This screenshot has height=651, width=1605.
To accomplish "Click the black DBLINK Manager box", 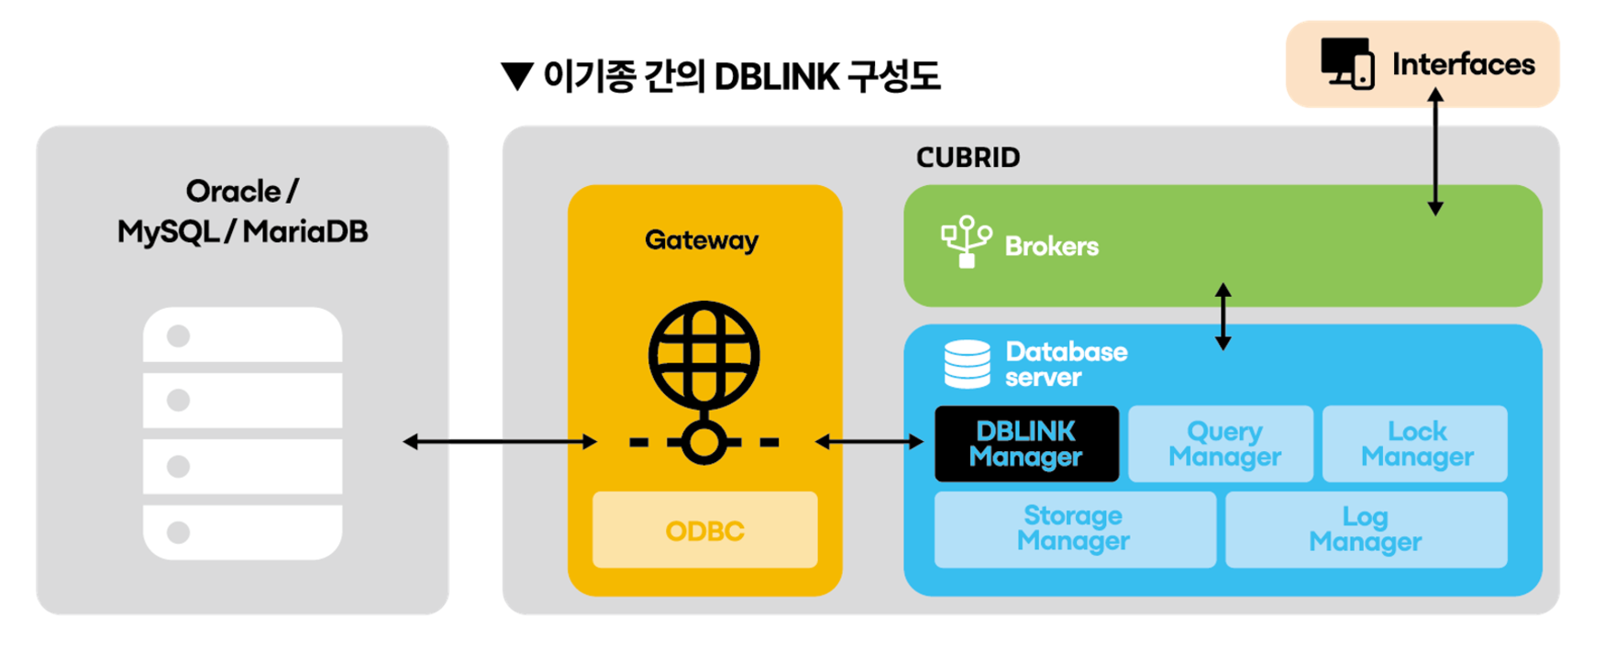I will click(1026, 444).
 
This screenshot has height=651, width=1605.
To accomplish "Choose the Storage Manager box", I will click(1074, 529).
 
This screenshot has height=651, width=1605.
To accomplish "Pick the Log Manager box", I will click(1365, 529).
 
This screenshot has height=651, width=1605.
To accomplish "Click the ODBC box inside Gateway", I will click(704, 530).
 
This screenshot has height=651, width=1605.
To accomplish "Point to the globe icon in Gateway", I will click(704, 358).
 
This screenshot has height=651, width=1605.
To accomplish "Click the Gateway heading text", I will click(702, 240).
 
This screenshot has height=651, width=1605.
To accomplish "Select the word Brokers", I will click(1051, 246).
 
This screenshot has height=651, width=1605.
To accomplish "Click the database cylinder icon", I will click(968, 364).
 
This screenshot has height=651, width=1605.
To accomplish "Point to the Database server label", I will click(1066, 364).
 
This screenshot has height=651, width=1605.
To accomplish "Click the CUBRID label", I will click(968, 158).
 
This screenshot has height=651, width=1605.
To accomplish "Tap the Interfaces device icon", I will click(1346, 63).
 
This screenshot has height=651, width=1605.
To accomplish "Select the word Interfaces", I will click(1463, 64).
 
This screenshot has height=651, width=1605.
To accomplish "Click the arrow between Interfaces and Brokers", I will click(1435, 151).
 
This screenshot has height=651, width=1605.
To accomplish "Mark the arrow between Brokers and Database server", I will click(1223, 316).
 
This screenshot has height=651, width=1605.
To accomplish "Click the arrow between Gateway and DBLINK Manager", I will click(869, 442).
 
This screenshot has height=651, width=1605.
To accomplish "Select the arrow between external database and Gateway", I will click(500, 442).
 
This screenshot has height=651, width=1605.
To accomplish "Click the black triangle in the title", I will click(517, 76).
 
